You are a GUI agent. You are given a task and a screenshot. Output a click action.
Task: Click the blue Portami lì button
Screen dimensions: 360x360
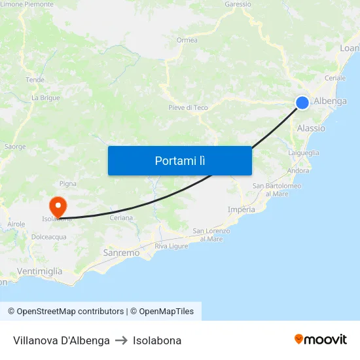(x=179, y=160)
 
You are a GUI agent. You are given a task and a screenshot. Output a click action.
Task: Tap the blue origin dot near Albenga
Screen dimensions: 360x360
(x=302, y=102)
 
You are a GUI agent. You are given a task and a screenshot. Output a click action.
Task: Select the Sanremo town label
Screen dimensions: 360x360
(x=121, y=253)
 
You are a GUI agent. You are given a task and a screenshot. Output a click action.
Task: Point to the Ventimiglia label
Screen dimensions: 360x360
(x=41, y=271)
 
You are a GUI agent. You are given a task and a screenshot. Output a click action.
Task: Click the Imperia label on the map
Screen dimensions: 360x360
(x=242, y=209)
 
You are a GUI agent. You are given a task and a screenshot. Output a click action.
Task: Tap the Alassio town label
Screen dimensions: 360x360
(x=311, y=128)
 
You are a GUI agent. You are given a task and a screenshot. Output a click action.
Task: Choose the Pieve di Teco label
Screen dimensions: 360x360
(x=188, y=107)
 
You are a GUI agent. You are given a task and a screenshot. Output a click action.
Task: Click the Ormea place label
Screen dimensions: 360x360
(x=187, y=40)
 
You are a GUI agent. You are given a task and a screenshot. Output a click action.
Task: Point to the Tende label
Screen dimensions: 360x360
(x=35, y=80)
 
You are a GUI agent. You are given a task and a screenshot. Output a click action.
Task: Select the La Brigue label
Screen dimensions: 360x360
(x=46, y=98)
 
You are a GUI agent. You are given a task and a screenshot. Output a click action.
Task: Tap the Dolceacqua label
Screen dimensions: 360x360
(x=49, y=237)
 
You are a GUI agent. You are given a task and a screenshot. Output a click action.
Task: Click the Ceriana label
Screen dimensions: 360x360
(x=121, y=218)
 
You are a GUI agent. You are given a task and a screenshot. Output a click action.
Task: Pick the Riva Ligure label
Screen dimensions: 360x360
(x=171, y=246)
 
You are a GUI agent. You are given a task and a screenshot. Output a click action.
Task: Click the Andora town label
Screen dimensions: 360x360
(x=298, y=171)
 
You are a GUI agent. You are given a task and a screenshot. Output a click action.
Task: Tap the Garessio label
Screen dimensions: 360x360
(x=238, y=4)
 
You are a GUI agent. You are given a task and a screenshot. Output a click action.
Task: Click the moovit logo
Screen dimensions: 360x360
(x=321, y=339)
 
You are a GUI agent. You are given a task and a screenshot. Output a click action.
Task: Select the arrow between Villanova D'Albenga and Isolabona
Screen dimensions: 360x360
(x=121, y=340)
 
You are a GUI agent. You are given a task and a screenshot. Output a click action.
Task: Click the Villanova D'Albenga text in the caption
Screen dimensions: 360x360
(x=62, y=340)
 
